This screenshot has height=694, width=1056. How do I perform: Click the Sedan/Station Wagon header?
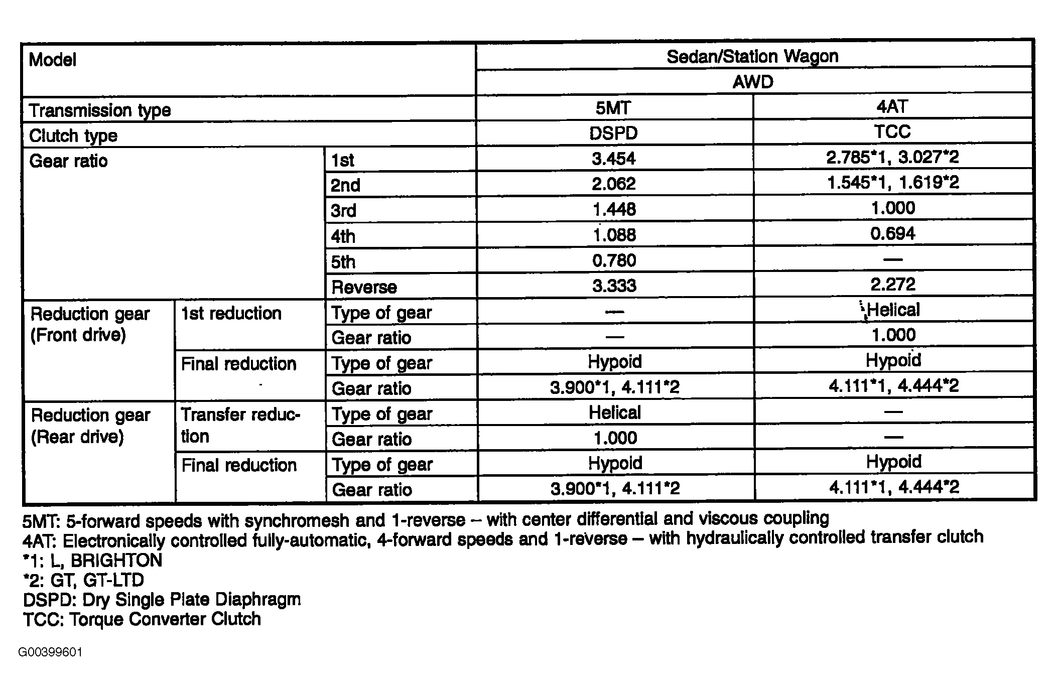coord(752,56)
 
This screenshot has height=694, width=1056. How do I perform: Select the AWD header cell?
coord(752,82)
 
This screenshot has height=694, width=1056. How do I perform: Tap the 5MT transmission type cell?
coord(614,107)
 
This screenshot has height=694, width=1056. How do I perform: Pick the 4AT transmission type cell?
coord(892,106)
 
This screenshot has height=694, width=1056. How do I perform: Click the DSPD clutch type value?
coord(613,133)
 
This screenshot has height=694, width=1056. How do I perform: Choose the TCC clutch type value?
coord(892,132)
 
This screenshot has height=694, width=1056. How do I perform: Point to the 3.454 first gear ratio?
coord(613,159)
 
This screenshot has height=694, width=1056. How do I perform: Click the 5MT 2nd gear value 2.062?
coord(613,184)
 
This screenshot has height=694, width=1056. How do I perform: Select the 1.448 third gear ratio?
coord(614,209)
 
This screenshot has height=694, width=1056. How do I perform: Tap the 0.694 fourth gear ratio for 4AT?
coord(892,233)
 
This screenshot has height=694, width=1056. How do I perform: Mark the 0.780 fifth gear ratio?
coord(614,260)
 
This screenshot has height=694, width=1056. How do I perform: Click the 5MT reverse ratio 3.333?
coord(614,286)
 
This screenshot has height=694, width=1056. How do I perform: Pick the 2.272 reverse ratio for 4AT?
coord(892,285)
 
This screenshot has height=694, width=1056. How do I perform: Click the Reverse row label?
coord(364,287)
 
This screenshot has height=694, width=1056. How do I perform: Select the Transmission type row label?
coord(100,110)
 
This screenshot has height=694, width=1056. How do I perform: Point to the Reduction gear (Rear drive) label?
coord(90,426)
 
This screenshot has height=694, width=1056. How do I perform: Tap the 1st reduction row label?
coord(231,313)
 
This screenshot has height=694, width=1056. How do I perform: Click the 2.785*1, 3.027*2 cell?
coord(892,158)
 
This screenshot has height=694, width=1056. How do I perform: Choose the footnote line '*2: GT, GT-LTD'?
coord(84,580)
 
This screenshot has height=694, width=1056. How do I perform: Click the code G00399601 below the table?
coord(50,652)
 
